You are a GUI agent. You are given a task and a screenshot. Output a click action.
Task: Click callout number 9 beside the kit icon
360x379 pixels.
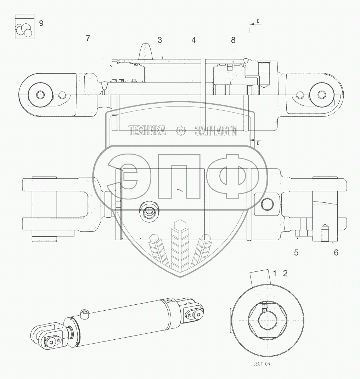[41, 24]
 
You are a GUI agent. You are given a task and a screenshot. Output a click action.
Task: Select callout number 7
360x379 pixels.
[88, 38]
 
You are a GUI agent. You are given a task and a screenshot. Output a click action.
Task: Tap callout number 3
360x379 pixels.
[160, 40]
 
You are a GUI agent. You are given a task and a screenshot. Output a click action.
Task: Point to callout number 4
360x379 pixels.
[193, 40]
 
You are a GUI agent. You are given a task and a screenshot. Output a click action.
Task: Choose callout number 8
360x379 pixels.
[233, 40]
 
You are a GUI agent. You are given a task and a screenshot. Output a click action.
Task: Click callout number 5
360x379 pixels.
[296, 252]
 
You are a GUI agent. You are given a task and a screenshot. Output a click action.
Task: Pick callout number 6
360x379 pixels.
[336, 252]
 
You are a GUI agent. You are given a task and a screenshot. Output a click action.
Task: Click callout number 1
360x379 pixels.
[274, 273]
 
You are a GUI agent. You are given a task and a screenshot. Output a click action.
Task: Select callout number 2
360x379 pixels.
[285, 273]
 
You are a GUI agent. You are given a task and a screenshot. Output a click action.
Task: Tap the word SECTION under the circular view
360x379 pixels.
[261, 364]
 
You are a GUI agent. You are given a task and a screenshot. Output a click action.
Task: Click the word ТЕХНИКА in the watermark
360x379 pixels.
[147, 131]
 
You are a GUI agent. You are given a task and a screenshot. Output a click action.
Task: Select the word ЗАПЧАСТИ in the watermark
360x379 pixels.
[216, 131]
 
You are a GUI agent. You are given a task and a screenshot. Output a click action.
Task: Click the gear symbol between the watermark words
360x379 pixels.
[181, 131]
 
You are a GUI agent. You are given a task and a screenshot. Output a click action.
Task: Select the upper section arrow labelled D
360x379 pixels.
[254, 23]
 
